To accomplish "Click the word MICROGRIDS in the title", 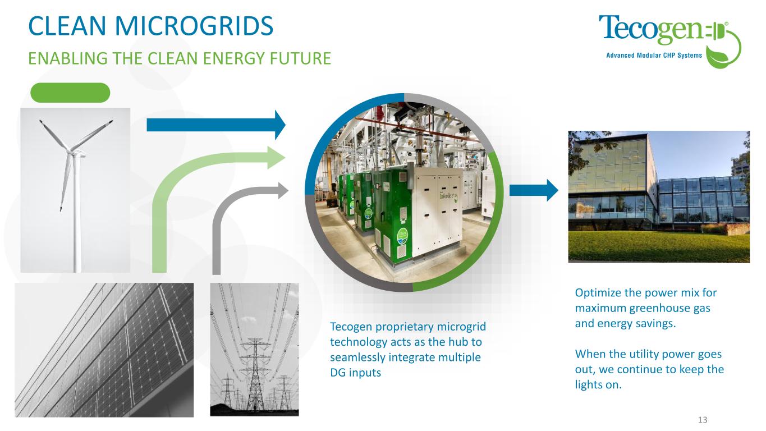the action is [194, 26].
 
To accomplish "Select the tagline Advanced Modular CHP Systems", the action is [654, 56].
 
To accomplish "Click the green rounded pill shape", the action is [70, 93].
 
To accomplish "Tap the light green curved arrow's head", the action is [276, 157].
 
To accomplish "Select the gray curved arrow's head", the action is [283, 191].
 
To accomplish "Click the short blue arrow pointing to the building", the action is [534, 190].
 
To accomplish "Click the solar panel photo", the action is [104, 350].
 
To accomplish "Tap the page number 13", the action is [703, 420].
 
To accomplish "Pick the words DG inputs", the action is [355, 373].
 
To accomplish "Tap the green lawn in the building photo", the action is [659, 246].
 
